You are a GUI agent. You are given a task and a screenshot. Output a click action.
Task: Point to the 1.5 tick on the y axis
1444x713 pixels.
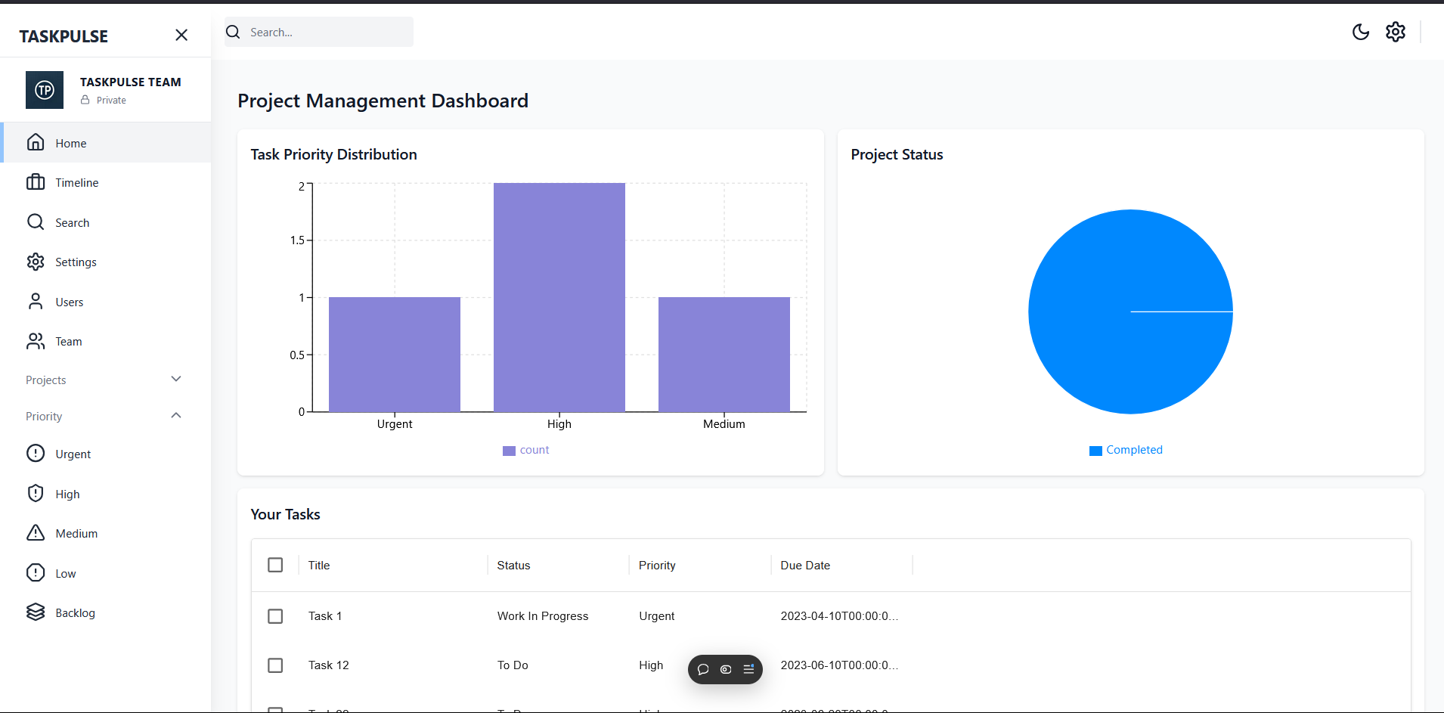(x=298, y=240)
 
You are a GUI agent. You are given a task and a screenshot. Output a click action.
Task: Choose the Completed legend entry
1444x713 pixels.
(x=1126, y=450)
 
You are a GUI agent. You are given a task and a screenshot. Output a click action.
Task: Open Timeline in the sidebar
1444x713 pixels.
(x=76, y=183)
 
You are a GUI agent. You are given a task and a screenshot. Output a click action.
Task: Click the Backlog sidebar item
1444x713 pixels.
(x=75, y=613)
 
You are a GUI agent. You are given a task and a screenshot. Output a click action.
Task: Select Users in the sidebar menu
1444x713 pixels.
(x=69, y=302)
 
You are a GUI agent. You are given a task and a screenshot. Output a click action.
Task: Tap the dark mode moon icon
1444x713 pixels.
(x=1360, y=32)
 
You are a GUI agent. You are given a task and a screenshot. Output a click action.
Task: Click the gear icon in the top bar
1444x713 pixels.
(x=1395, y=32)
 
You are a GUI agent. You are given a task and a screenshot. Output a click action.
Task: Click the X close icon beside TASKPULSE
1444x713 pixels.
(x=181, y=36)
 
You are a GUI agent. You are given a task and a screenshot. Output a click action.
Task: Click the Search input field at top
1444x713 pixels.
(x=329, y=33)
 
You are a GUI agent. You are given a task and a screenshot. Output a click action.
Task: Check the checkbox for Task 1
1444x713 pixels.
(x=275, y=616)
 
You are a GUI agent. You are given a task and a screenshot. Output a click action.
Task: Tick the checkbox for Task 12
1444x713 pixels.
(x=275, y=665)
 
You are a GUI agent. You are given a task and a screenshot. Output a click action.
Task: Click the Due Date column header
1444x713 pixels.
(x=805, y=566)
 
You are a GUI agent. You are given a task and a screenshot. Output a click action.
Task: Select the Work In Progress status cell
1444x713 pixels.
(x=542, y=616)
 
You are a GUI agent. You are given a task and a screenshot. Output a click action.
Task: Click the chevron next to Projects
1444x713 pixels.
(x=176, y=380)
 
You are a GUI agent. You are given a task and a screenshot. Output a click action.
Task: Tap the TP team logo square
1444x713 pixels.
(x=45, y=91)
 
